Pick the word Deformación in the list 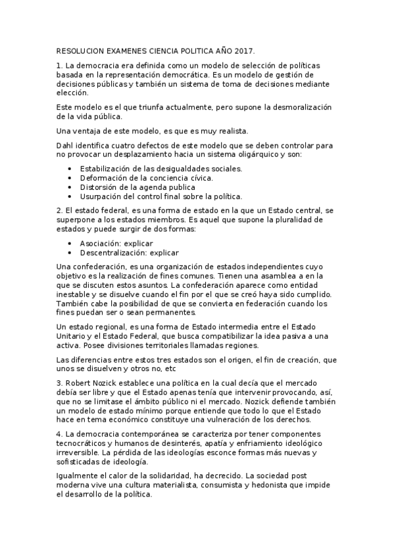(x=105, y=177)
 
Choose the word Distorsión (x=100, y=187)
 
